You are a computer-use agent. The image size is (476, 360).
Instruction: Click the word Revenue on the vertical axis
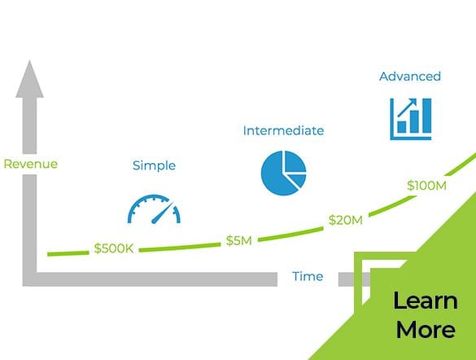(31, 164)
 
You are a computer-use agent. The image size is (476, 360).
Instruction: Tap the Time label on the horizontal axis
(308, 276)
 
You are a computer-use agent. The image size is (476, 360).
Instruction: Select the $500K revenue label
(114, 248)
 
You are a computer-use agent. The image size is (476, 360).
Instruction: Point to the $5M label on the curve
(239, 240)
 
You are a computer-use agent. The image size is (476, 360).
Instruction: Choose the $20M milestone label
(346, 220)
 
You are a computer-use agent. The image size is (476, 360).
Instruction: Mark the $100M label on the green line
(426, 186)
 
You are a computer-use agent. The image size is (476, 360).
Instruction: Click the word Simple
(154, 165)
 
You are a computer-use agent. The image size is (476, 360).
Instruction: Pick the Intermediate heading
(283, 130)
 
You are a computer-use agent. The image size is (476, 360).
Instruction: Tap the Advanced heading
(410, 77)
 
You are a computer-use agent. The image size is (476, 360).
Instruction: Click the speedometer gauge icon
(154, 209)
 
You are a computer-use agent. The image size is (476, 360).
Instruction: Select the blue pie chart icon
(283, 173)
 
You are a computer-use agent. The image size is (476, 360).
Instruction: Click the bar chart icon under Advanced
(411, 119)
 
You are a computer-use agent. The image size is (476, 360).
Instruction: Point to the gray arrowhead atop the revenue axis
(29, 80)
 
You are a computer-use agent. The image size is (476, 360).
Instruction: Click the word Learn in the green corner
(426, 301)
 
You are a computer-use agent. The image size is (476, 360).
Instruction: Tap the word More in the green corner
(426, 329)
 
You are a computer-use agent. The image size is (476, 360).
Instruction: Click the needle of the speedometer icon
(163, 213)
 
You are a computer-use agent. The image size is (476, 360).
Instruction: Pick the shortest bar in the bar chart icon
(402, 127)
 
